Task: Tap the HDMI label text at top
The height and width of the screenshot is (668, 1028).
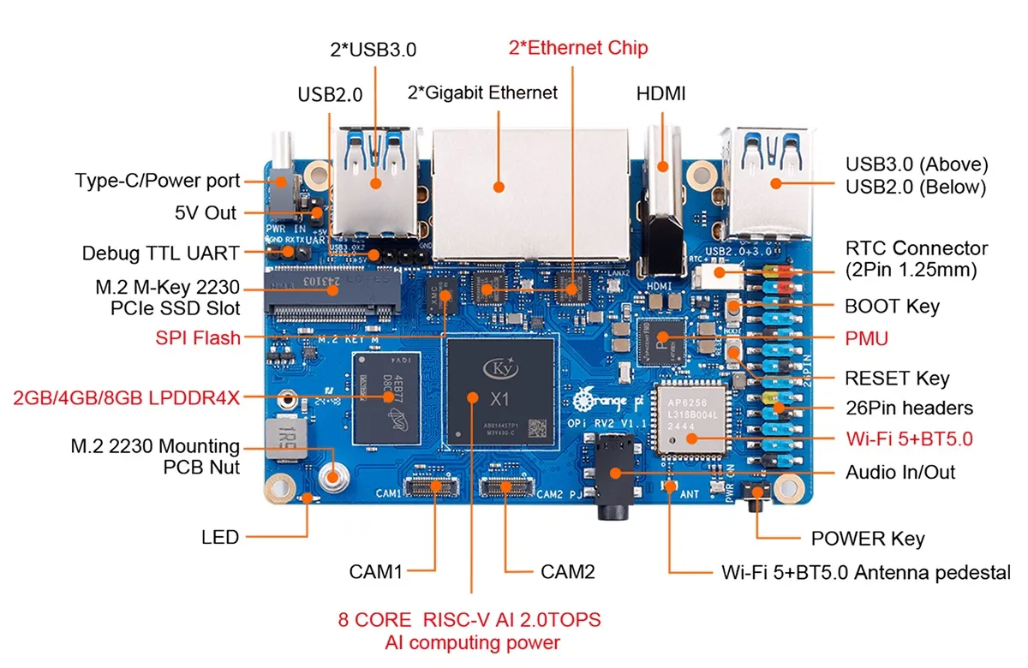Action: pos(660,93)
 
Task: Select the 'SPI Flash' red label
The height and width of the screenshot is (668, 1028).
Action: pos(198,337)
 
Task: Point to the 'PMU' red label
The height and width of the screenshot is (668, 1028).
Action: pos(866,339)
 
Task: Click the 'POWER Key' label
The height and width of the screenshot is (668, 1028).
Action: pos(867,539)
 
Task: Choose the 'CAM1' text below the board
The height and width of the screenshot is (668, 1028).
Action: pos(375,571)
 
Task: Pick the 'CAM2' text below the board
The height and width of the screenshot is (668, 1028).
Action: pos(568,571)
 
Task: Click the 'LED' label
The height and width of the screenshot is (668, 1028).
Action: pos(220,538)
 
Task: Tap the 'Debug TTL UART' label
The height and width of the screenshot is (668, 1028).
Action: pos(161,253)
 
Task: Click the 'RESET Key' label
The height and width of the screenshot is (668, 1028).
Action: pos(897,378)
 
